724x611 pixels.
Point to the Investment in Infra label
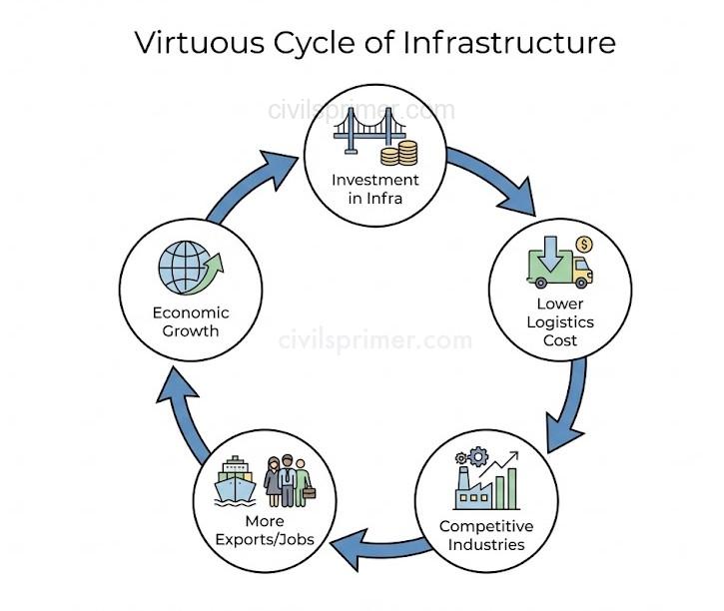click(x=375, y=188)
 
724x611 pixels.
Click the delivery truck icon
click(x=559, y=267)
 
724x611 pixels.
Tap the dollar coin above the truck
click(x=584, y=244)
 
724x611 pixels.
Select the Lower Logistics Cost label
click(x=560, y=321)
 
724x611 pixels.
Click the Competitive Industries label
click(x=486, y=535)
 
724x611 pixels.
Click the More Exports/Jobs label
click(x=264, y=530)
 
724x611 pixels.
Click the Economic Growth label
click(x=185, y=321)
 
